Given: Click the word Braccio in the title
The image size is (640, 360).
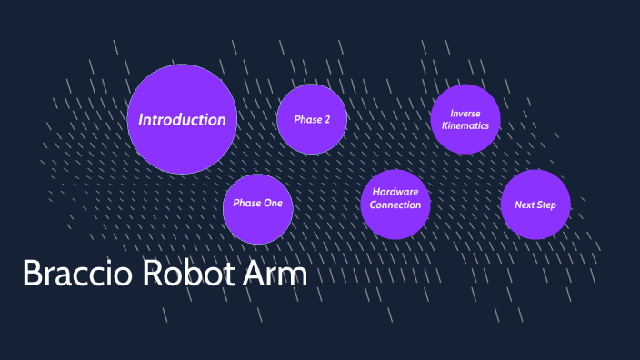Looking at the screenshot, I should click(72, 273).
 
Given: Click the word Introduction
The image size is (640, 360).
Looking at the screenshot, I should click(182, 120).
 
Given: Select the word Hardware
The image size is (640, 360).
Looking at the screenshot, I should click(395, 192).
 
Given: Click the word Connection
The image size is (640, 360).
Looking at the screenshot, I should click(395, 205).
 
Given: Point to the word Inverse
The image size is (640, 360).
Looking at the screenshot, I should click(465, 114).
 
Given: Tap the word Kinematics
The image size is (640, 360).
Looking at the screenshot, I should click(465, 125).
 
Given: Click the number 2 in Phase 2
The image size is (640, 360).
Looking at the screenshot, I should click(325, 120).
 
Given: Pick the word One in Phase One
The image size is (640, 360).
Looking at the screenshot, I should click(273, 203).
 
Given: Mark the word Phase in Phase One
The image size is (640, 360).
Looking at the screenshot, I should click(247, 203).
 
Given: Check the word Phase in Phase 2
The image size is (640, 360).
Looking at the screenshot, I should click(306, 120).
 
